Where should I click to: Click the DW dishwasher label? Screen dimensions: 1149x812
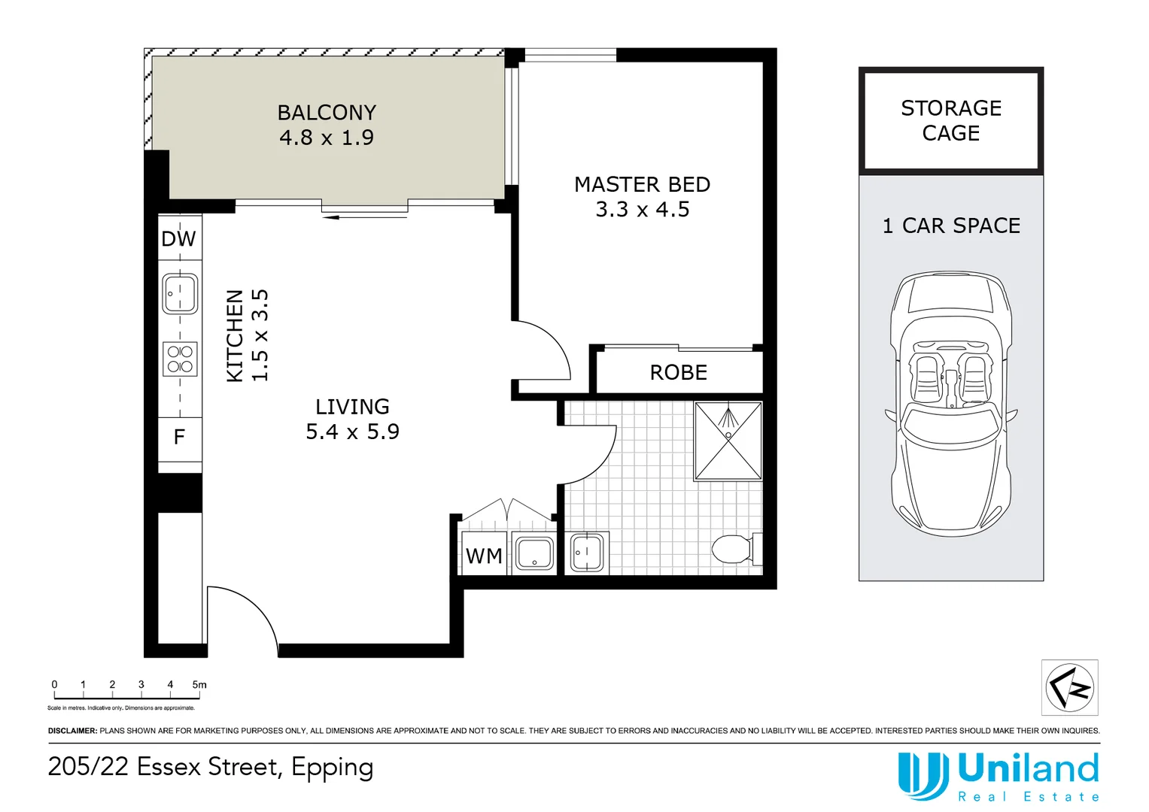coord(178,239)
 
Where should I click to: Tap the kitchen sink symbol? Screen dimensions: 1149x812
coord(180,294)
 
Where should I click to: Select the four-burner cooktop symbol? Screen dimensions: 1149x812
coord(180,359)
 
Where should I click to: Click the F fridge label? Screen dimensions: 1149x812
coord(179,438)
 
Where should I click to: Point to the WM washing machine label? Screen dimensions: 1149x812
coord(484,556)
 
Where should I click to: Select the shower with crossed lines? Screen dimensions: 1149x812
coord(728,441)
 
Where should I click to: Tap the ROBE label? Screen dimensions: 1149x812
coord(678,373)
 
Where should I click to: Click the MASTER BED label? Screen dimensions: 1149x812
coord(642,184)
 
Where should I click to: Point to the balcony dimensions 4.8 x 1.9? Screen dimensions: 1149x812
coord(327,138)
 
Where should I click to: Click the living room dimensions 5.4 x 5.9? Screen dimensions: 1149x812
coord(352,432)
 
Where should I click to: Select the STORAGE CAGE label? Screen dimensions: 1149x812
coord(951,120)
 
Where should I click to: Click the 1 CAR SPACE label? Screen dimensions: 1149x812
coord(951,226)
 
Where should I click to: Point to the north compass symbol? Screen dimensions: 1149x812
coord(1069,687)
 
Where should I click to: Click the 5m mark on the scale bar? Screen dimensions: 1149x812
coord(199,685)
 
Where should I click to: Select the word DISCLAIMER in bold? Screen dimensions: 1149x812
coord(72,731)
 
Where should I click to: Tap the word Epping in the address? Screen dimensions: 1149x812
coord(333,768)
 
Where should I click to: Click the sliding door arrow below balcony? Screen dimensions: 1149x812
coord(365,217)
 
